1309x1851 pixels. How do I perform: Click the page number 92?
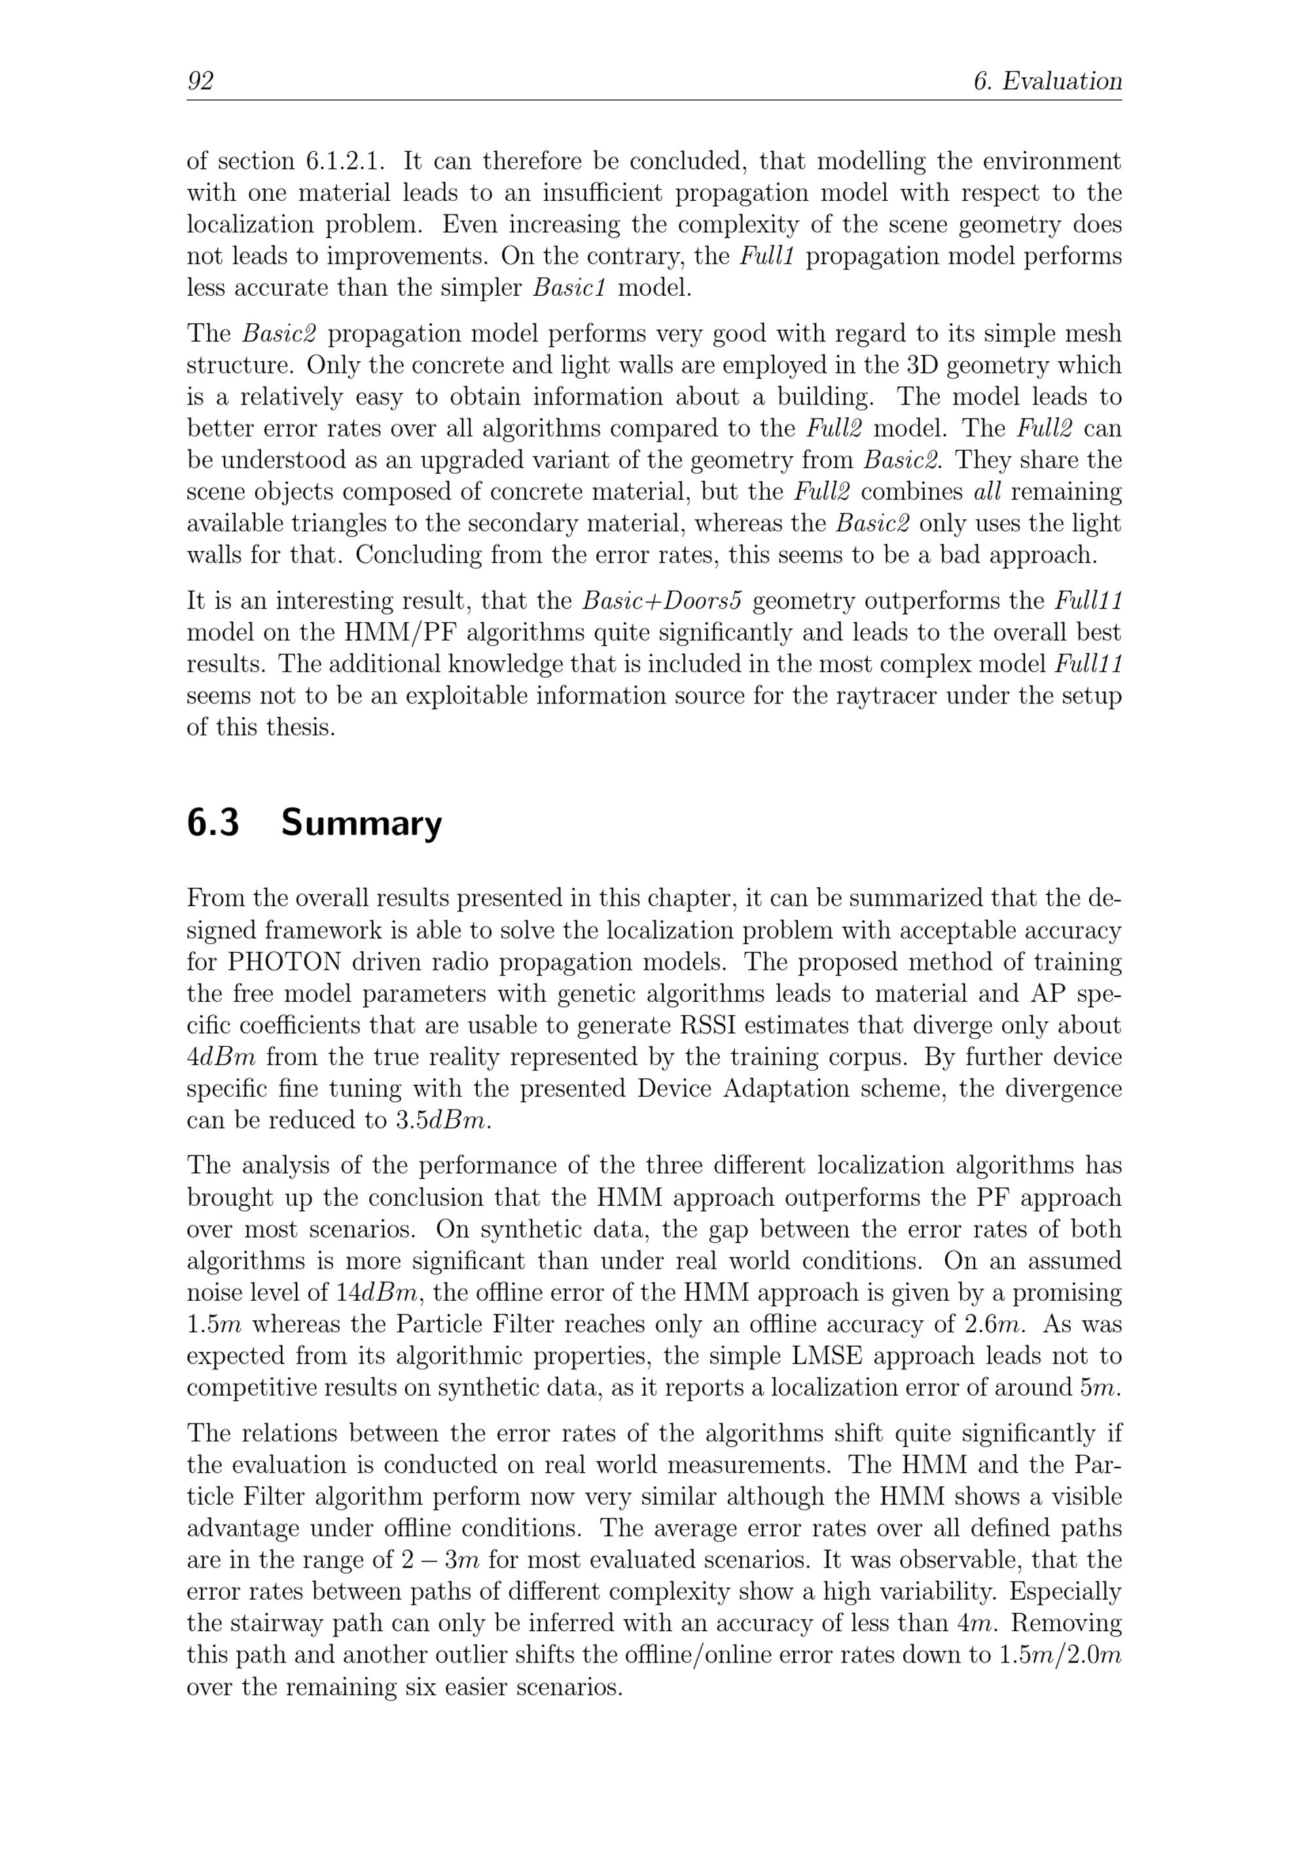pos(200,81)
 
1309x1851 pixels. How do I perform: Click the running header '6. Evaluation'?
pos(1048,81)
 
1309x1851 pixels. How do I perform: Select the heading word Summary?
pos(361,823)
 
